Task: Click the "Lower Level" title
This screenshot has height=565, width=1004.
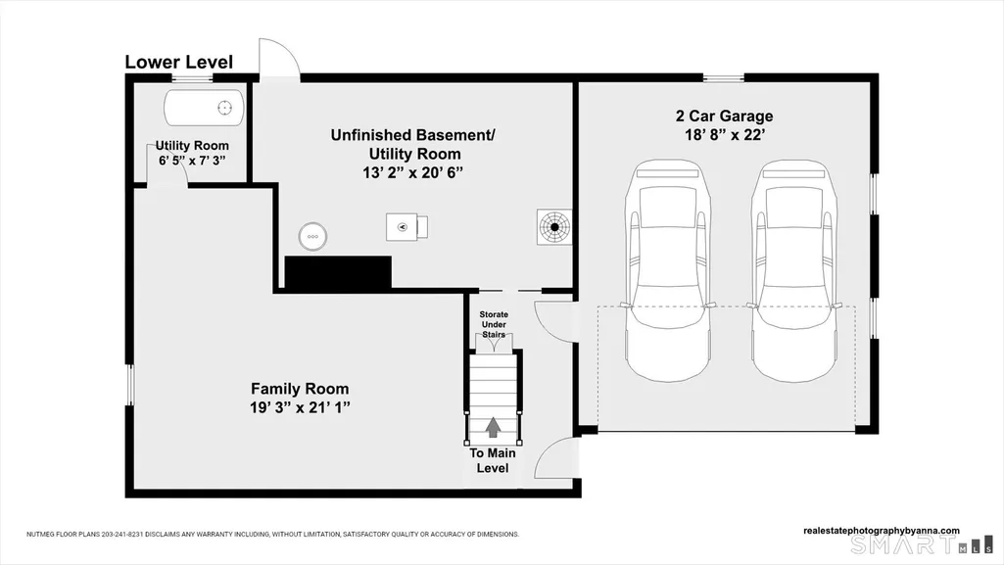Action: coord(178,62)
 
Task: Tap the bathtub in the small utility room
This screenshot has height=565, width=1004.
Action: coord(205,108)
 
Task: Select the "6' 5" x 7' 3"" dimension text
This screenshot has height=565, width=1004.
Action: coord(192,161)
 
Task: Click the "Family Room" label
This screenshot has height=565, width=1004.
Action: coord(300,389)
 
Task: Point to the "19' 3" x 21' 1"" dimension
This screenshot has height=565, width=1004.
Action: coord(300,407)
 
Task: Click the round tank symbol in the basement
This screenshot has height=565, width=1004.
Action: coord(312,236)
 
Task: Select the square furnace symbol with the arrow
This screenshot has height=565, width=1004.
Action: coord(406,227)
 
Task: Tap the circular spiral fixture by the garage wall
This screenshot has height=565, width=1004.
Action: coord(554,226)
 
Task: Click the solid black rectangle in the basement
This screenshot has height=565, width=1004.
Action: coord(338,273)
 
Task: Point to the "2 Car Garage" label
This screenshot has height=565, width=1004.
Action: coord(724,116)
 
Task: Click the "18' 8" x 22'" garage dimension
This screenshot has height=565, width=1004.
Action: coord(724,135)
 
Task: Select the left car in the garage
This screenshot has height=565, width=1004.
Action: coord(668,270)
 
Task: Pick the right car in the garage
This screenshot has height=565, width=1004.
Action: coord(794,270)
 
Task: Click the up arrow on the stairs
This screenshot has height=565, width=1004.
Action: coord(493,428)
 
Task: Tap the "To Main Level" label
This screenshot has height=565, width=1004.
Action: coord(493,460)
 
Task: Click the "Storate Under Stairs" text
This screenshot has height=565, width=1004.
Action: coord(494,324)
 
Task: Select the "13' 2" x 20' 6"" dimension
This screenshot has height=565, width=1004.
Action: coord(413,172)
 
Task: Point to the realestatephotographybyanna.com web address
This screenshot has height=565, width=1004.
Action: coord(881,531)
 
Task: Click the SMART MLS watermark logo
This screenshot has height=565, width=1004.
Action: coord(921,545)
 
